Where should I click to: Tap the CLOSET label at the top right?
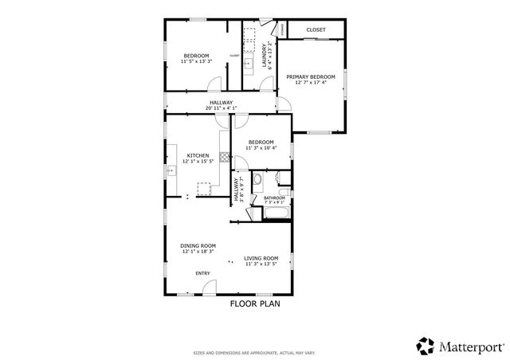point(316,29)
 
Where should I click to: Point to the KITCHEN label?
point(198,155)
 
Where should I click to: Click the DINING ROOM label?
point(198,245)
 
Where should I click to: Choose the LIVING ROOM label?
point(261,258)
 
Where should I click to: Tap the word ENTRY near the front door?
point(203,274)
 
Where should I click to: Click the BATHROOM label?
point(274,198)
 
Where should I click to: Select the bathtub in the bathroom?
point(275,213)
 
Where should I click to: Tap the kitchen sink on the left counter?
point(171,170)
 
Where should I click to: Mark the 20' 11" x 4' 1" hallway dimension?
point(221,108)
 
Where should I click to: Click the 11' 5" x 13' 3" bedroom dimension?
point(195,61)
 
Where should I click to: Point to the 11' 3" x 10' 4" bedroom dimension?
point(261,147)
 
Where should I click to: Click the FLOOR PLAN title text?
point(255,303)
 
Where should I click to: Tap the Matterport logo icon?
point(425,346)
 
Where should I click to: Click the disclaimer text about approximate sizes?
point(255,352)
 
